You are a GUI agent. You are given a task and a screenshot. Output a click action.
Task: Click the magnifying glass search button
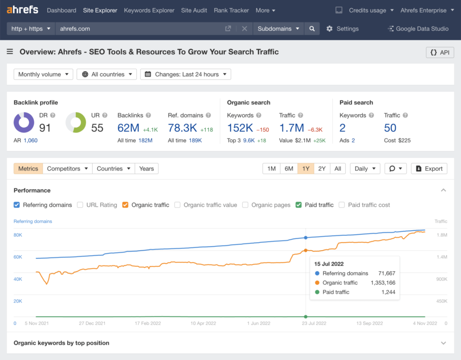click(x=312, y=29)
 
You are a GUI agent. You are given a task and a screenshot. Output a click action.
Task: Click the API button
click(x=440, y=52)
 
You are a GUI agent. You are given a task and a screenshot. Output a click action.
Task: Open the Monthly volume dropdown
click(x=43, y=74)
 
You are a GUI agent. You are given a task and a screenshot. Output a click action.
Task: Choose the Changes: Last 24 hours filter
click(x=185, y=74)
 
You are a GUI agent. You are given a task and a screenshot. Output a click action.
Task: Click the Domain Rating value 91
click(x=45, y=128)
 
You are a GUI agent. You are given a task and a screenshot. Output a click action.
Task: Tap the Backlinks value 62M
click(x=128, y=128)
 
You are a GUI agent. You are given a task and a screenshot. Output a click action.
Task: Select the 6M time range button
click(x=289, y=169)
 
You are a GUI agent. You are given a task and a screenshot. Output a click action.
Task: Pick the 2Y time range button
click(x=322, y=169)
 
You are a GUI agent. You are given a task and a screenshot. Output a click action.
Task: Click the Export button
click(x=429, y=169)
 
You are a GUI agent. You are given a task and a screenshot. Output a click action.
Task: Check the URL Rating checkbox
click(x=80, y=205)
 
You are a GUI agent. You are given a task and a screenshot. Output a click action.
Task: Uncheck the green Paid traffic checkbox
click(x=298, y=205)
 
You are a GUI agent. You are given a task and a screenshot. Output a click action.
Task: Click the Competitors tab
click(x=68, y=169)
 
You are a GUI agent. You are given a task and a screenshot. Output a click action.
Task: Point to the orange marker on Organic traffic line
click(x=306, y=250)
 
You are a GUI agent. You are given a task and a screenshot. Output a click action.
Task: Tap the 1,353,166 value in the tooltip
click(x=383, y=283)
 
